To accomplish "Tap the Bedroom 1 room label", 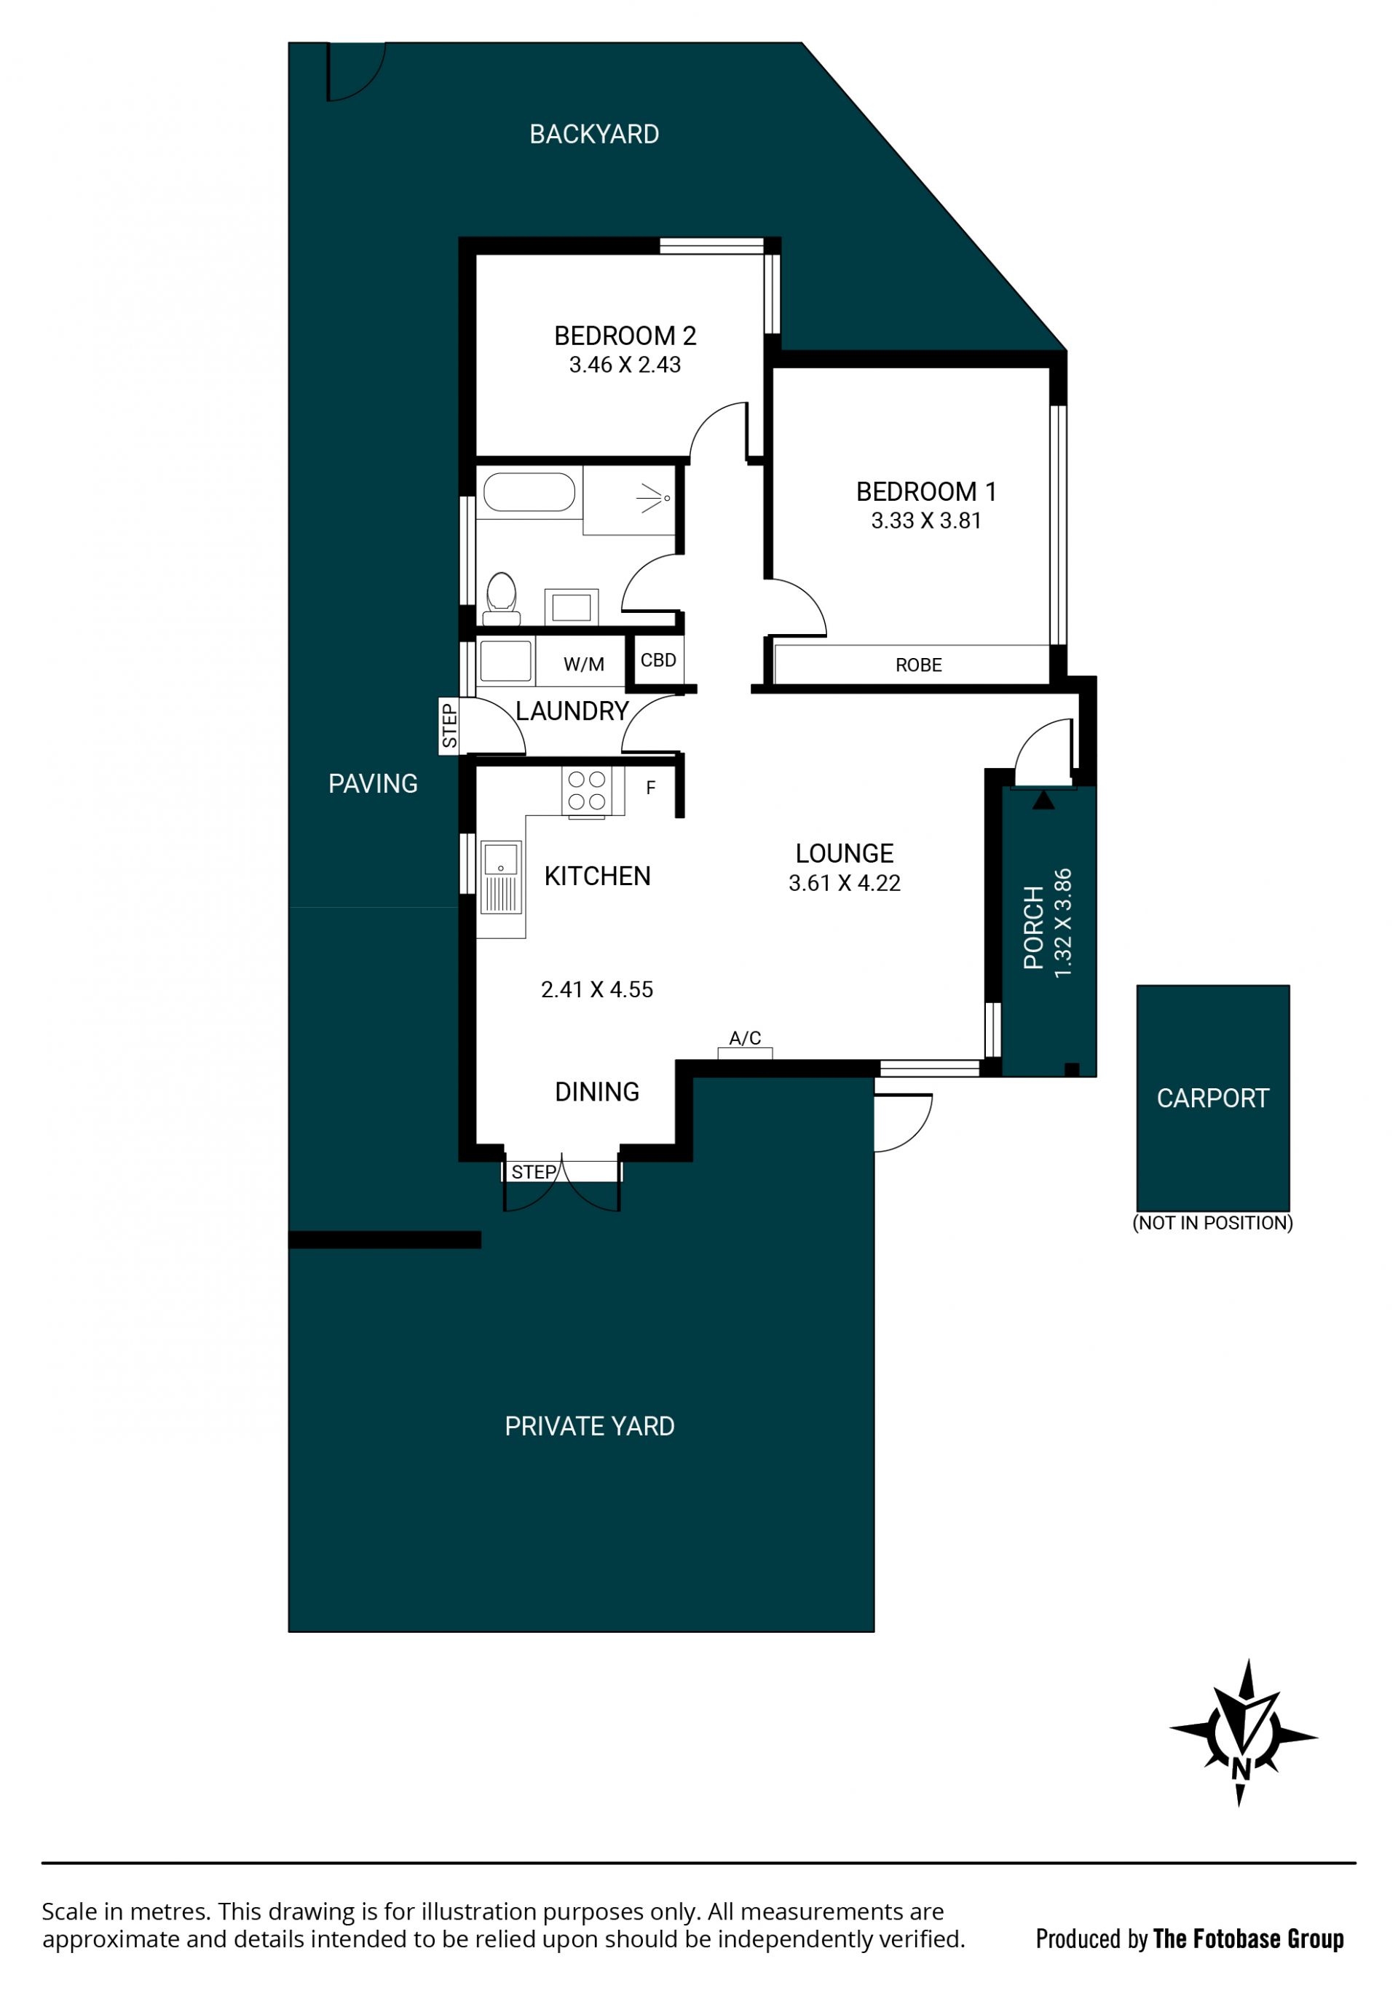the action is click(x=926, y=492).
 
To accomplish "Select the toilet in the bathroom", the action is click(x=502, y=599).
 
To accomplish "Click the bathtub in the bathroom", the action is click(x=529, y=492).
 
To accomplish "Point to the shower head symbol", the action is click(x=654, y=498).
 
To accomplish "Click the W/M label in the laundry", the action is click(x=583, y=665).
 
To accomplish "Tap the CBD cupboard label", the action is click(x=658, y=661).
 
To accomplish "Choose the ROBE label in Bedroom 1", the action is click(x=918, y=666).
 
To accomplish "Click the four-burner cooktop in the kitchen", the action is click(x=587, y=791).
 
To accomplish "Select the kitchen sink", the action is click(x=501, y=876).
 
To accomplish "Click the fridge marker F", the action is click(x=650, y=788).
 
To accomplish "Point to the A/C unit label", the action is click(x=744, y=1038).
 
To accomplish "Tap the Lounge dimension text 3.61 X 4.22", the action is click(x=844, y=883).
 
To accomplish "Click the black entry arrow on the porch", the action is click(x=1043, y=800).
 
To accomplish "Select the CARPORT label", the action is click(x=1213, y=1099).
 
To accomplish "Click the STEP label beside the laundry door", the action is click(x=449, y=726).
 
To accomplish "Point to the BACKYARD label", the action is click(x=594, y=135).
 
